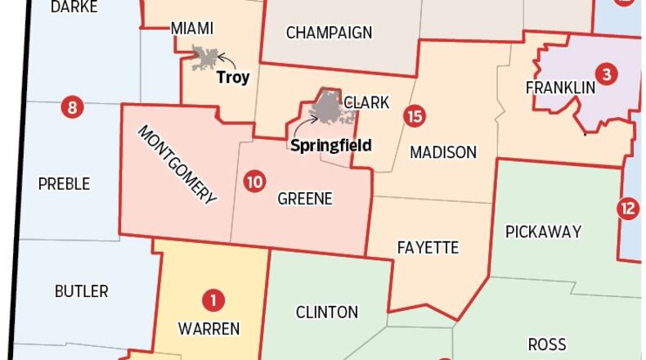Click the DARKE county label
click(x=74, y=7)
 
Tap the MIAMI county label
click(x=192, y=29)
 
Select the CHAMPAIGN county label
click(x=329, y=33)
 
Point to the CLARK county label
click(x=366, y=103)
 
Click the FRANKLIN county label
click(x=560, y=88)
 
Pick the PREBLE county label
click(x=64, y=183)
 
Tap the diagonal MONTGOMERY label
click(x=177, y=164)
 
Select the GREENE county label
click(x=305, y=199)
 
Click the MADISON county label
click(x=443, y=152)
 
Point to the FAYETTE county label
click(x=428, y=247)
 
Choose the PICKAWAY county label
click(x=543, y=232)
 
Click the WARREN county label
click(x=209, y=329)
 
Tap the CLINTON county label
click(x=326, y=312)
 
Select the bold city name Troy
click(x=233, y=79)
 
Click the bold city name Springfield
click(x=331, y=146)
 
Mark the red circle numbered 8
click(x=72, y=107)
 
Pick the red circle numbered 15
click(x=415, y=115)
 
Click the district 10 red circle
click(x=254, y=181)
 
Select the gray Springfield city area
click(x=330, y=107)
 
